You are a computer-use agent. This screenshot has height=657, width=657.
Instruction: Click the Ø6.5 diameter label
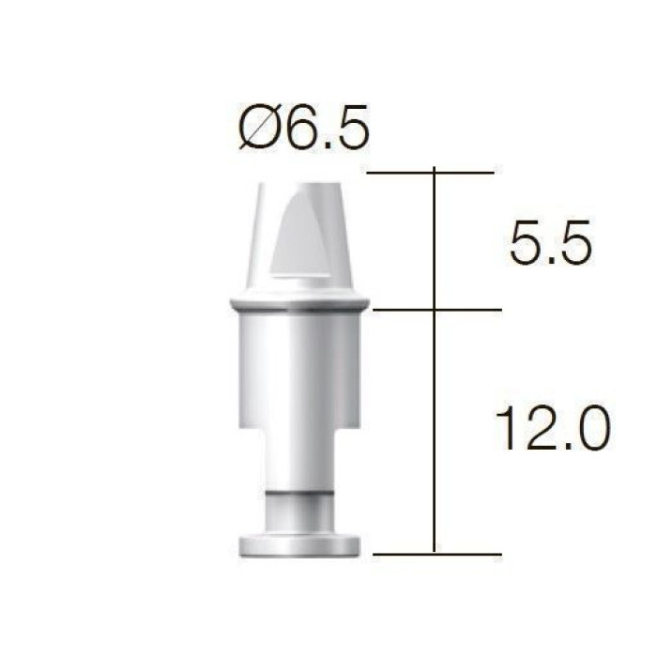[304, 127]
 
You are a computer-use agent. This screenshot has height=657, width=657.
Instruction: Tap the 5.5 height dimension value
[551, 242]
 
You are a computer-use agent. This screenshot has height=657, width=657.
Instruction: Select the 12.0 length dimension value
[553, 427]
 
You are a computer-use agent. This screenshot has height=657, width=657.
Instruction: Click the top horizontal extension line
[430, 172]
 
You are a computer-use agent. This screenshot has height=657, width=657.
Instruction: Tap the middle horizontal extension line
[437, 310]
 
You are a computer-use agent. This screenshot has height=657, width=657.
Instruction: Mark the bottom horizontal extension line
[437, 554]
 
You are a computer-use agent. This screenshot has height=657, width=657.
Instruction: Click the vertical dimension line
[434, 359]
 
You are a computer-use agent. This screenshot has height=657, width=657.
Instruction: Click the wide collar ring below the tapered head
[299, 302]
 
